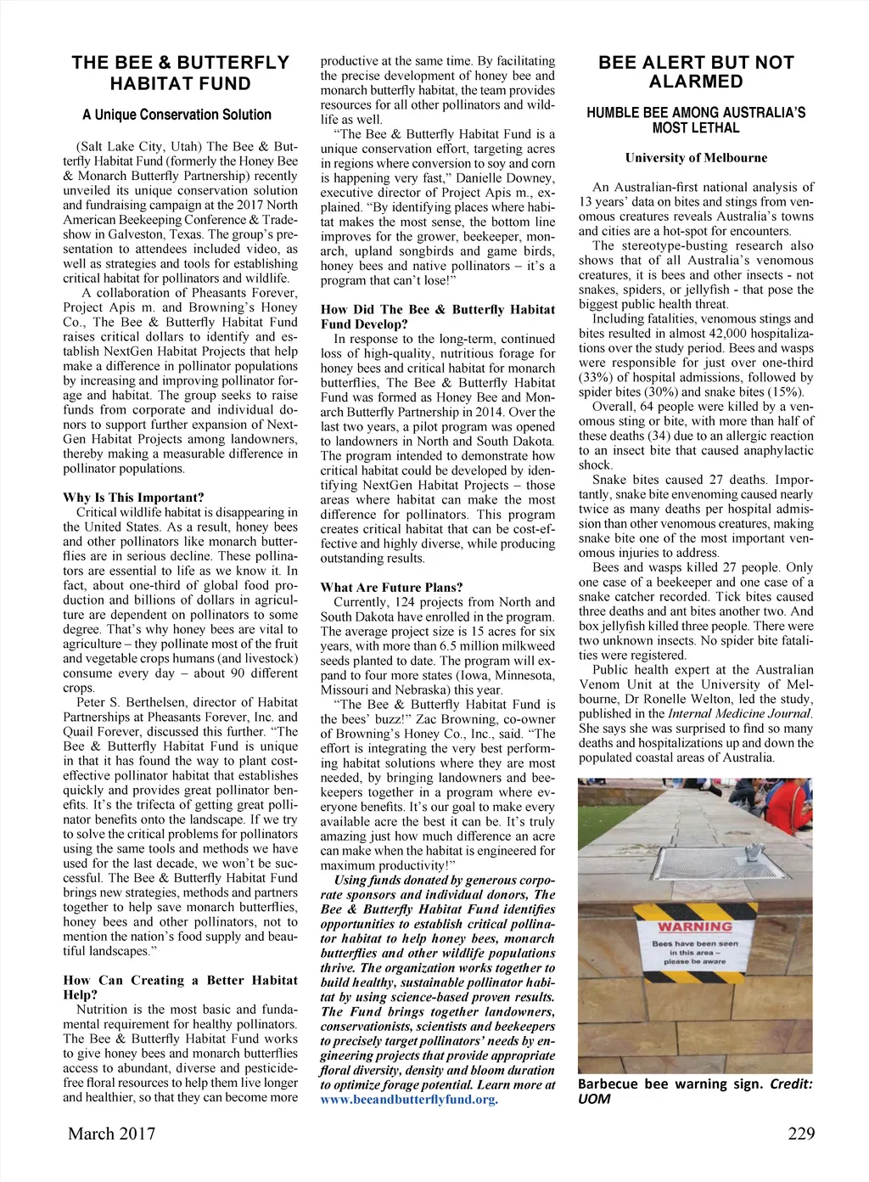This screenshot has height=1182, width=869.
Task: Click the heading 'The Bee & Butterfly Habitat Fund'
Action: pyautogui.click(x=180, y=73)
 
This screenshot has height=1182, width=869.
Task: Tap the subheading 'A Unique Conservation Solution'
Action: pyautogui.click(x=177, y=115)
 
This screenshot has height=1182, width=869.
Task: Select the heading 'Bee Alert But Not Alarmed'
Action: pyautogui.click(x=696, y=72)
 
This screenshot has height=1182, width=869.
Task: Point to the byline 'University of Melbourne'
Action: pyautogui.click(x=696, y=158)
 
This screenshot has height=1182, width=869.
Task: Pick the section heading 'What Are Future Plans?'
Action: pyautogui.click(x=392, y=588)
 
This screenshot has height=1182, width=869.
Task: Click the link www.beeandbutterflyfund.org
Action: pyautogui.click(x=409, y=1099)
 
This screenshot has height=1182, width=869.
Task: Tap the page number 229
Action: pyautogui.click(x=800, y=1134)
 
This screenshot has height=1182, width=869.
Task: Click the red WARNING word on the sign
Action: pyautogui.click(x=695, y=926)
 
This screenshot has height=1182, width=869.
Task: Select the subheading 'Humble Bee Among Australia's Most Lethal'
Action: pyautogui.click(x=696, y=121)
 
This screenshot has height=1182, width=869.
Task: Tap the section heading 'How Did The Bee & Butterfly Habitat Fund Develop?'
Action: pyautogui.click(x=438, y=317)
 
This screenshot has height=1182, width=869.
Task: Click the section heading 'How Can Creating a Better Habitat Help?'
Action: pyautogui.click(x=180, y=987)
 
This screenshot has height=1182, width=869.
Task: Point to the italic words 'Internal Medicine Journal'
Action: pyautogui.click(x=740, y=713)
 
